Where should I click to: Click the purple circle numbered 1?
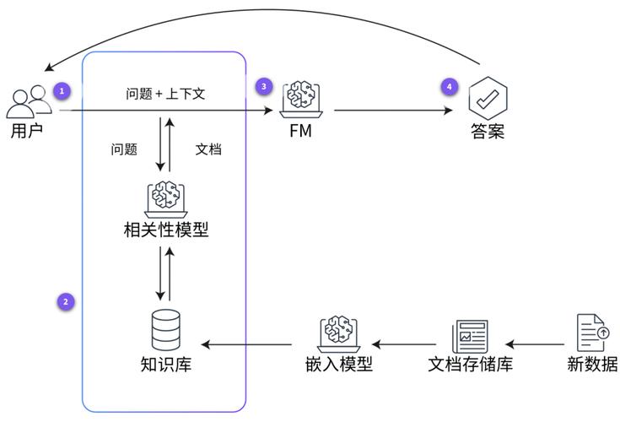point(61,89)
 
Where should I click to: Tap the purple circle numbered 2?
point(65,301)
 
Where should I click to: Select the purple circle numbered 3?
point(264,86)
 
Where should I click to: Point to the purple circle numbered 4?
point(449,86)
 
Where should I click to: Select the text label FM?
point(301,132)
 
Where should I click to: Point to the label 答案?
point(487,132)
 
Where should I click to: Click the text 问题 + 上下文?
point(165,94)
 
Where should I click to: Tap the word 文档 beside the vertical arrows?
point(209,149)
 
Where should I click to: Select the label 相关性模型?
point(165,229)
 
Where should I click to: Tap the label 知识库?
point(165,365)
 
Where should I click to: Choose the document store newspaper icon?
point(470,335)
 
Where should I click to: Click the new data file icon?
point(592,333)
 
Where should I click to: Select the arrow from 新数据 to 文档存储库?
point(534,344)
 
